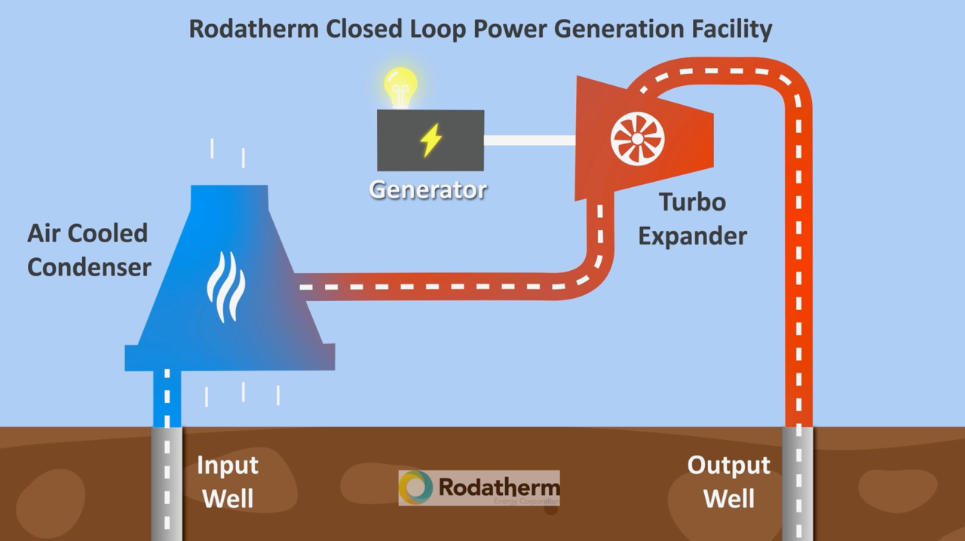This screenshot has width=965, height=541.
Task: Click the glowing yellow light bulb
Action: point(400,85)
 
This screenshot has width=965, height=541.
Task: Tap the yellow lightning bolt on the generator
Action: point(430,140)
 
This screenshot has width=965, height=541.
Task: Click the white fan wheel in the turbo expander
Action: point(637,139)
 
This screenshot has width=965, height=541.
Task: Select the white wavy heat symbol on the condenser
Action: point(225,286)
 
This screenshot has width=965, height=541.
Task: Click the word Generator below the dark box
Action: point(427,189)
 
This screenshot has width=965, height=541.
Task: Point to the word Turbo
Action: point(692,202)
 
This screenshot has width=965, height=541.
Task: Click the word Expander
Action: point(692,236)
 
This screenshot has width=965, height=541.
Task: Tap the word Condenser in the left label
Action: point(89,267)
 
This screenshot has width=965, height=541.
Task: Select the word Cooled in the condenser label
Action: point(110,233)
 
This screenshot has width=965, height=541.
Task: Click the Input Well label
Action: point(227,481)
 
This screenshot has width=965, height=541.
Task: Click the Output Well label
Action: point(728,481)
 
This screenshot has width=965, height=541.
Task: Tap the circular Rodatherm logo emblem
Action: point(416,487)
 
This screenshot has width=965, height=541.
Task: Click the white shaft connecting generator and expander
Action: point(528,140)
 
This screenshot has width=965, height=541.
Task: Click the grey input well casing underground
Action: point(167,483)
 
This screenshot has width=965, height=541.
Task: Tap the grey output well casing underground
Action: point(798,483)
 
